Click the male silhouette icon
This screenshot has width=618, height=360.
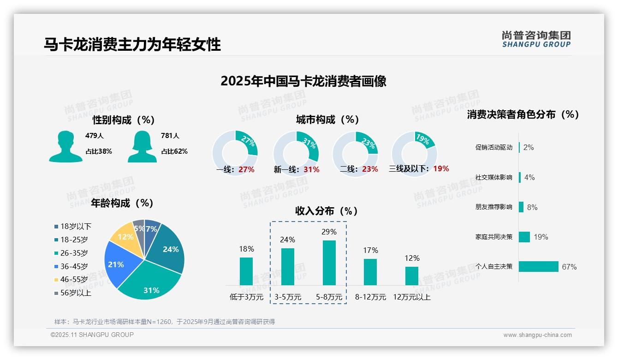pos(65,146)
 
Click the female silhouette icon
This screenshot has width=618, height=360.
pos(142,146)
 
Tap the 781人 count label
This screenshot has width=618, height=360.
pos(170,136)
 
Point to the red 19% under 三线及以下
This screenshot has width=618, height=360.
pos(441,168)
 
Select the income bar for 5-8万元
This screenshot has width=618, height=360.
pos(329,263)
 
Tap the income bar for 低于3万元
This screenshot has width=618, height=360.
pos(246,271)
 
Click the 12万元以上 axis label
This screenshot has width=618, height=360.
pos(411,297)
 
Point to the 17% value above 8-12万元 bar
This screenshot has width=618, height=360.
pos(370,250)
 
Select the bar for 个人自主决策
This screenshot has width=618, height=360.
pos(538,266)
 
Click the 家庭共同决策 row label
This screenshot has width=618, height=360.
pos(493,237)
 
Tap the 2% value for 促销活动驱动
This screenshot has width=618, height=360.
pos(529,147)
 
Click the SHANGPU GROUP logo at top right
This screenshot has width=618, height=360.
pos(536,39)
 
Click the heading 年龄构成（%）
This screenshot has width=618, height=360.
pos(122,203)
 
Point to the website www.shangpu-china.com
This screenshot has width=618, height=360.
pos(537,335)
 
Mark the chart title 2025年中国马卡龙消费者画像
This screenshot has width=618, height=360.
pos(303,81)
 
